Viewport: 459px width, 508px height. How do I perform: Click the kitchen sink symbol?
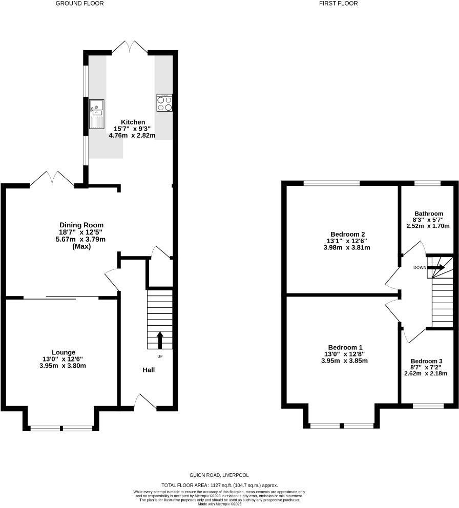point(96,114)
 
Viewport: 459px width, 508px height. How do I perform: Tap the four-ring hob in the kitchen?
point(164,103)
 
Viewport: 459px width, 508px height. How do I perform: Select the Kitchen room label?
point(133,122)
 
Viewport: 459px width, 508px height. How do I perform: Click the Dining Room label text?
point(81,225)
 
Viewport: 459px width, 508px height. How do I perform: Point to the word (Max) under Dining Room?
point(81,246)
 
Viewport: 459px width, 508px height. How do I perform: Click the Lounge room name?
point(63,352)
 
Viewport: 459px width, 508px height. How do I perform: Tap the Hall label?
point(149,370)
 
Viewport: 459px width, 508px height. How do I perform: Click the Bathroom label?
point(428,214)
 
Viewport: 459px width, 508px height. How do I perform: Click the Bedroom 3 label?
point(426,361)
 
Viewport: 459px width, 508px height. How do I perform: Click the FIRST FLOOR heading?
point(338,4)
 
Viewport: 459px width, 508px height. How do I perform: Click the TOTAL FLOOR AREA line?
point(220,484)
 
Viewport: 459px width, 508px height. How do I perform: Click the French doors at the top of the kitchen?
point(130,47)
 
